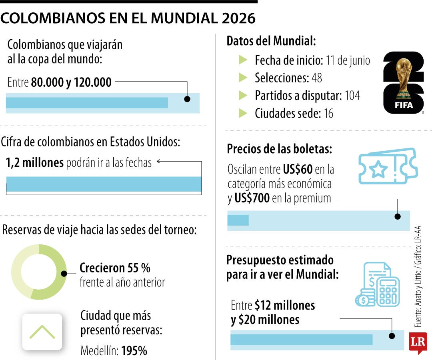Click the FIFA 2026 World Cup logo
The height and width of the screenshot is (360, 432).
(x=403, y=83)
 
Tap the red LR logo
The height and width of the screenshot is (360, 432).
(x=418, y=342)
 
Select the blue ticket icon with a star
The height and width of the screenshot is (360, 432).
(x=387, y=166)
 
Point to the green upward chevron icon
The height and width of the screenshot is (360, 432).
(x=42, y=332)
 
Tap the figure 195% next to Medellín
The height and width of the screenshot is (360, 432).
(x=134, y=351)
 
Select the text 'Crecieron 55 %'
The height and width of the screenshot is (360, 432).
(x=115, y=268)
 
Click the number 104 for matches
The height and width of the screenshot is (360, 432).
(x=352, y=96)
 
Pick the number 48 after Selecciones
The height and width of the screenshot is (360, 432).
(x=316, y=78)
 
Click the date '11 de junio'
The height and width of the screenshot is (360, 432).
(x=348, y=60)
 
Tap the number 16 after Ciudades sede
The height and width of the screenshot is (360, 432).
(x=328, y=114)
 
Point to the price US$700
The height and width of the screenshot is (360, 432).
(x=252, y=198)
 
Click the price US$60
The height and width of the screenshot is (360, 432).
(x=298, y=170)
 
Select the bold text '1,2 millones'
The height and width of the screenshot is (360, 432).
(x=34, y=162)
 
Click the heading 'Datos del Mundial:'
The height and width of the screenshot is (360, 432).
(x=271, y=41)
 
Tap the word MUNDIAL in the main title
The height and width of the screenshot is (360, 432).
(x=176, y=18)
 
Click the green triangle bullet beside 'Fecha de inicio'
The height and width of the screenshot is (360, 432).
(x=243, y=60)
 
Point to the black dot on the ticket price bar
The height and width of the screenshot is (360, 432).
(x=398, y=216)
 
